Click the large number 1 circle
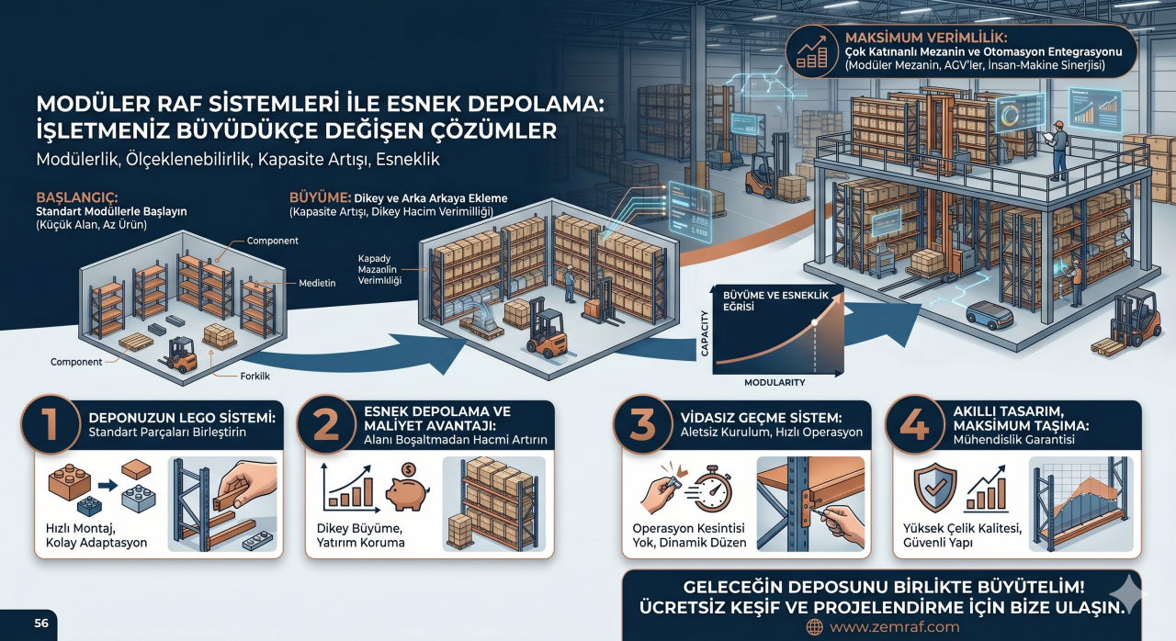point(49,425)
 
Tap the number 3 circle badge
point(641,425)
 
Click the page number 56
point(41,623)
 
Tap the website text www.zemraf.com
point(894,627)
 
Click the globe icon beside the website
point(814,627)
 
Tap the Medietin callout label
point(317,283)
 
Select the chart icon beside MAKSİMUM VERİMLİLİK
point(812,51)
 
